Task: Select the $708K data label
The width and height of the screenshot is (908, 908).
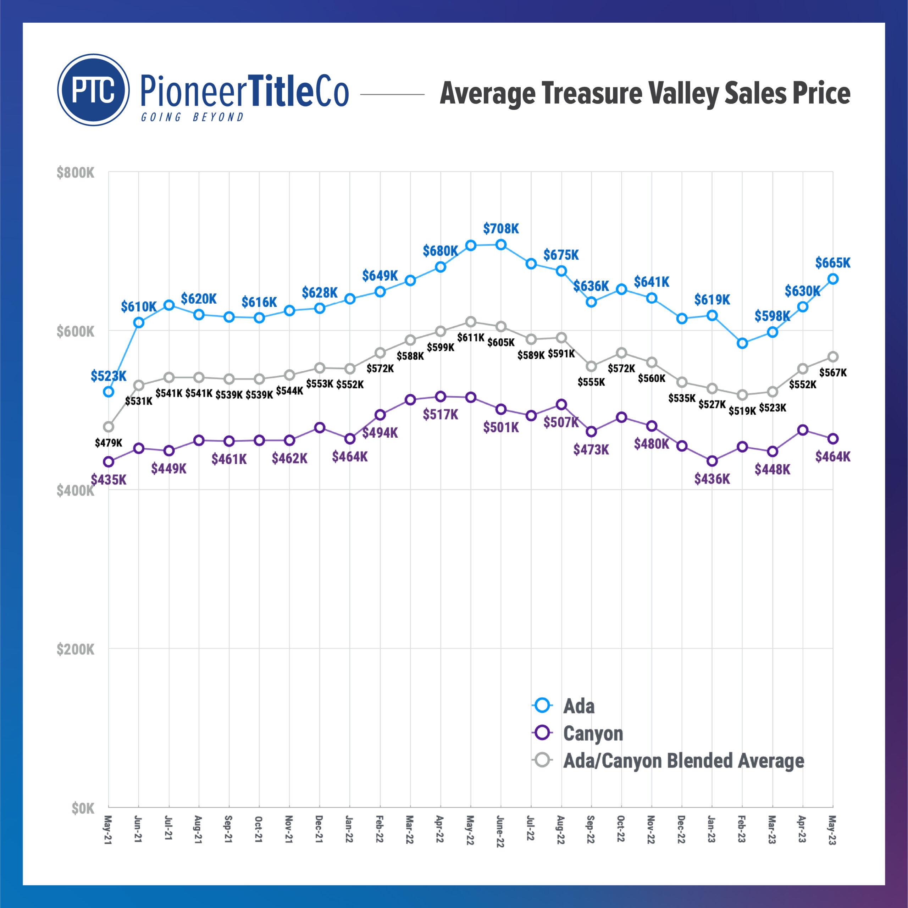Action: pyautogui.click(x=501, y=229)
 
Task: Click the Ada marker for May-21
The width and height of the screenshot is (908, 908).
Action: pyautogui.click(x=109, y=392)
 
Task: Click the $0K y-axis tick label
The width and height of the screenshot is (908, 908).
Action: pyautogui.click(x=83, y=808)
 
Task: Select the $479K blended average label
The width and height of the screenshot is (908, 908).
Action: pyautogui.click(x=109, y=443)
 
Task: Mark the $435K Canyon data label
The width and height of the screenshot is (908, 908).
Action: pyautogui.click(x=109, y=480)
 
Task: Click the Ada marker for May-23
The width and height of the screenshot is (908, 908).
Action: pyautogui.click(x=833, y=279)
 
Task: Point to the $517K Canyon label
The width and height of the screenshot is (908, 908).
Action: pyautogui.click(x=441, y=415)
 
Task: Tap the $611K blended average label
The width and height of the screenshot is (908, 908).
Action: pyautogui.click(x=470, y=337)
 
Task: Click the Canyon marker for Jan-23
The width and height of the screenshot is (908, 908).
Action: pyautogui.click(x=712, y=461)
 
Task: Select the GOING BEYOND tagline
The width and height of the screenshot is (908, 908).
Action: pyautogui.click(x=192, y=117)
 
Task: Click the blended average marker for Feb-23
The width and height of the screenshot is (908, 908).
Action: pyautogui.click(x=742, y=395)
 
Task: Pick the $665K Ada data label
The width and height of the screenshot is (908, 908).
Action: pyautogui.click(x=833, y=263)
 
